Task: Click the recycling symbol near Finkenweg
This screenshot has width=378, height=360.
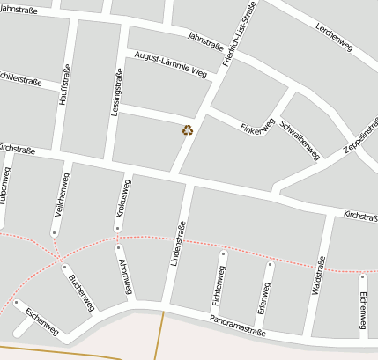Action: pos(187,130)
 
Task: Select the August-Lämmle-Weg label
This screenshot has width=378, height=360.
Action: pos(171,64)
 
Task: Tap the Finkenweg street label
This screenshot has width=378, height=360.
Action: pos(258,126)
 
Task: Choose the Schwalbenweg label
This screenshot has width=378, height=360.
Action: pos(300,137)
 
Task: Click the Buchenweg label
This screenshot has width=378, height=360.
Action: pos(81,292)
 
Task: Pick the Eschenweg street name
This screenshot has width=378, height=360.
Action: pos(41,321)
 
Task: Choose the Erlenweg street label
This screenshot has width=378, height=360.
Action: pos(263,300)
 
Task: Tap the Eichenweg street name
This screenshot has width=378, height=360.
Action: pos(363,310)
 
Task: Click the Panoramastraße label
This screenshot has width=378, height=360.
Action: pos(238,326)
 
